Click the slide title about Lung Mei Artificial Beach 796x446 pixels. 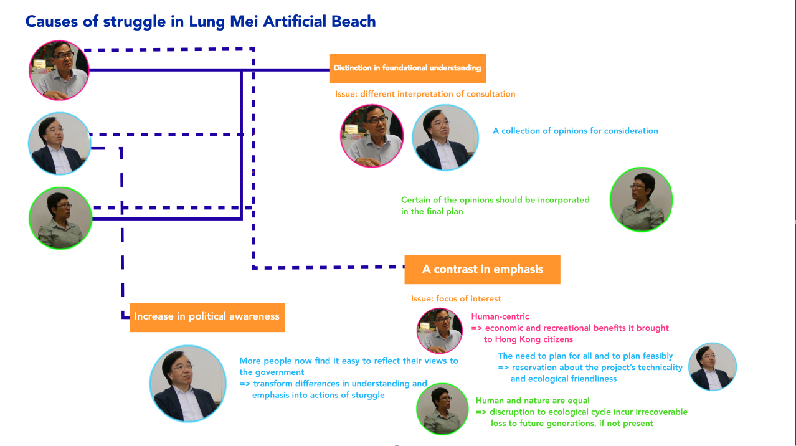201,22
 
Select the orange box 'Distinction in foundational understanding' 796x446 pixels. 407,69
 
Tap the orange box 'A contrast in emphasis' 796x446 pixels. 482,269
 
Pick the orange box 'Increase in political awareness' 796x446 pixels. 207,317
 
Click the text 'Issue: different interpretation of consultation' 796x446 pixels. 425,94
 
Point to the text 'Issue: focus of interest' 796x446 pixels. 456,298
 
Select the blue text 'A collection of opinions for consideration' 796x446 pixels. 576,131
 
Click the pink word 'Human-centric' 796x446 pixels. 500,316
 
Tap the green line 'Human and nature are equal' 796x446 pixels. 533,401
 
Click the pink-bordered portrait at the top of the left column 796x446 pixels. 59,70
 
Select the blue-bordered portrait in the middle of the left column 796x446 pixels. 60,143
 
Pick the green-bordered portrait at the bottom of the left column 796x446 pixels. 60,218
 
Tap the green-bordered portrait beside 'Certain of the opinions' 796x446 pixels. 641,199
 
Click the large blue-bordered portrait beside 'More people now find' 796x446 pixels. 187,384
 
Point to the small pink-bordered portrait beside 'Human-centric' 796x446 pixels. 440,331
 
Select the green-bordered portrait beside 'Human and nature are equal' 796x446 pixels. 442,409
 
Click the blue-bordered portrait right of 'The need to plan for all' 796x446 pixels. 713,367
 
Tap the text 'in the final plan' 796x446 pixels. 432,211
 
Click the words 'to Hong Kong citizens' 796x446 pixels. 528,339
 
